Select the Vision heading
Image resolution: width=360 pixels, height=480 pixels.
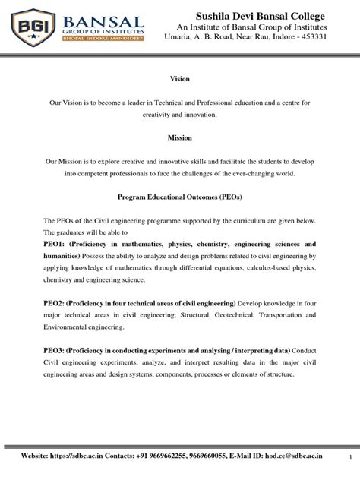179,79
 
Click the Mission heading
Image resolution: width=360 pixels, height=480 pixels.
179,137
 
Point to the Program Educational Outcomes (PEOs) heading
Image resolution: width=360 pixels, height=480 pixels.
179,196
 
